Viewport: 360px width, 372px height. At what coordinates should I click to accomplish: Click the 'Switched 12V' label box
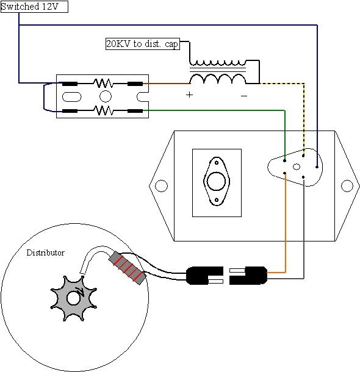(x=34, y=7)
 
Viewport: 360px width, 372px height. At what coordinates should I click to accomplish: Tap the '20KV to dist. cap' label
(x=142, y=44)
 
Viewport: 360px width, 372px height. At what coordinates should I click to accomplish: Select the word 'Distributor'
(x=45, y=252)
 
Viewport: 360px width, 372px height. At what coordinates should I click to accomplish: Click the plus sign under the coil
(x=189, y=95)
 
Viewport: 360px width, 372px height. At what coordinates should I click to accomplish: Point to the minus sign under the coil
(x=244, y=96)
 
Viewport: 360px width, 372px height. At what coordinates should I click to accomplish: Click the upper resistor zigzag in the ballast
(x=103, y=84)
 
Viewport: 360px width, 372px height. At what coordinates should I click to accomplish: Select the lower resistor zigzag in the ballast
(x=103, y=110)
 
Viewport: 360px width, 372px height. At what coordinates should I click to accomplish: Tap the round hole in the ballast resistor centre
(x=106, y=96)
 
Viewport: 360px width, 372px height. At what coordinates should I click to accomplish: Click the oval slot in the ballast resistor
(x=71, y=97)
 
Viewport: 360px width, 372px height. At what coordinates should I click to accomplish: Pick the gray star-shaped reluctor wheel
(x=73, y=298)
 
